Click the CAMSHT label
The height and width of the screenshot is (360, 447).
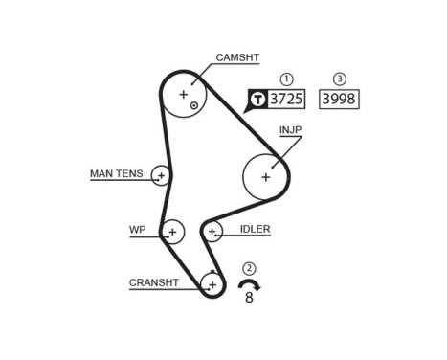click(236, 58)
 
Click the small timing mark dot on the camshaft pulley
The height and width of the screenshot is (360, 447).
click(194, 104)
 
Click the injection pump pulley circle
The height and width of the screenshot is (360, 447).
click(266, 175)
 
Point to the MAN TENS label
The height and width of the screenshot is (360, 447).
click(116, 174)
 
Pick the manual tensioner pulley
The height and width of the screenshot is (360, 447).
click(161, 175)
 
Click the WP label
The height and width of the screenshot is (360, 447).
click(137, 231)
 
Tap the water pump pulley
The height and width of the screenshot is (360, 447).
click(172, 231)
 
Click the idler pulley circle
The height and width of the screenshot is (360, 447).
click(212, 231)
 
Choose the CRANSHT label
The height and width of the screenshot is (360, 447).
click(153, 282)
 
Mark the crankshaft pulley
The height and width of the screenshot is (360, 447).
click(212, 283)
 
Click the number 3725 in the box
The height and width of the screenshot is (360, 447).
click(285, 99)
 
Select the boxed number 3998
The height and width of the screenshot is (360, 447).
click(339, 99)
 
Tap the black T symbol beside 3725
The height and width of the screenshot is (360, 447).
click(257, 99)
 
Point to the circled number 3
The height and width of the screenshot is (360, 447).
click(339, 79)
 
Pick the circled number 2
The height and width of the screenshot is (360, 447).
click(250, 268)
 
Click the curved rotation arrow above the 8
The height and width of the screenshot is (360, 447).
click(249, 286)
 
